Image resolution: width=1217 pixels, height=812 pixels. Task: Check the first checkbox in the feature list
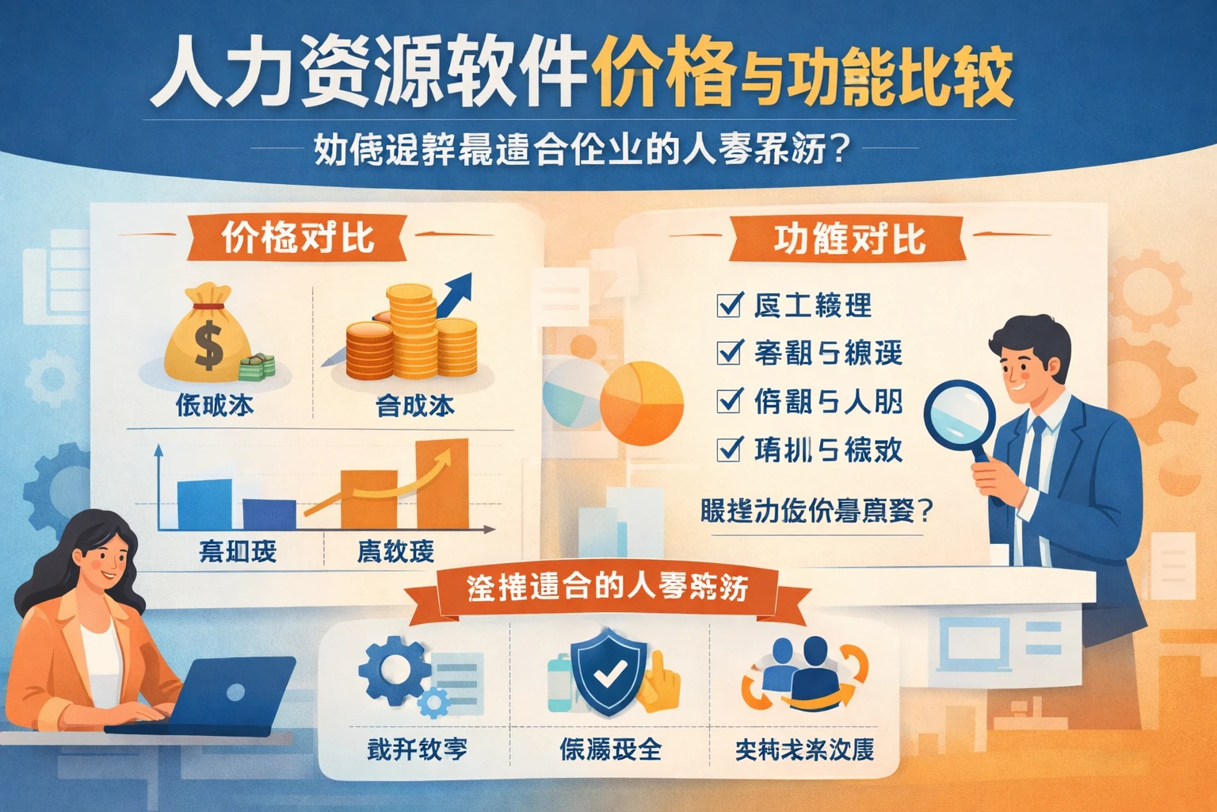[x=729, y=304]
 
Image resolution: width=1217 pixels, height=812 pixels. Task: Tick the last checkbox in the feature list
[x=729, y=449]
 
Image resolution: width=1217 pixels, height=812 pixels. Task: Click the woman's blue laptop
[x=230, y=693]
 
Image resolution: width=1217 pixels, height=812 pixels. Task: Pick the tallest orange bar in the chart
[x=442, y=484]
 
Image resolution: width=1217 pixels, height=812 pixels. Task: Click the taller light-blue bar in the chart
[x=204, y=504]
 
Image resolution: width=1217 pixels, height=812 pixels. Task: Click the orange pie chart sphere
[x=642, y=403]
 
